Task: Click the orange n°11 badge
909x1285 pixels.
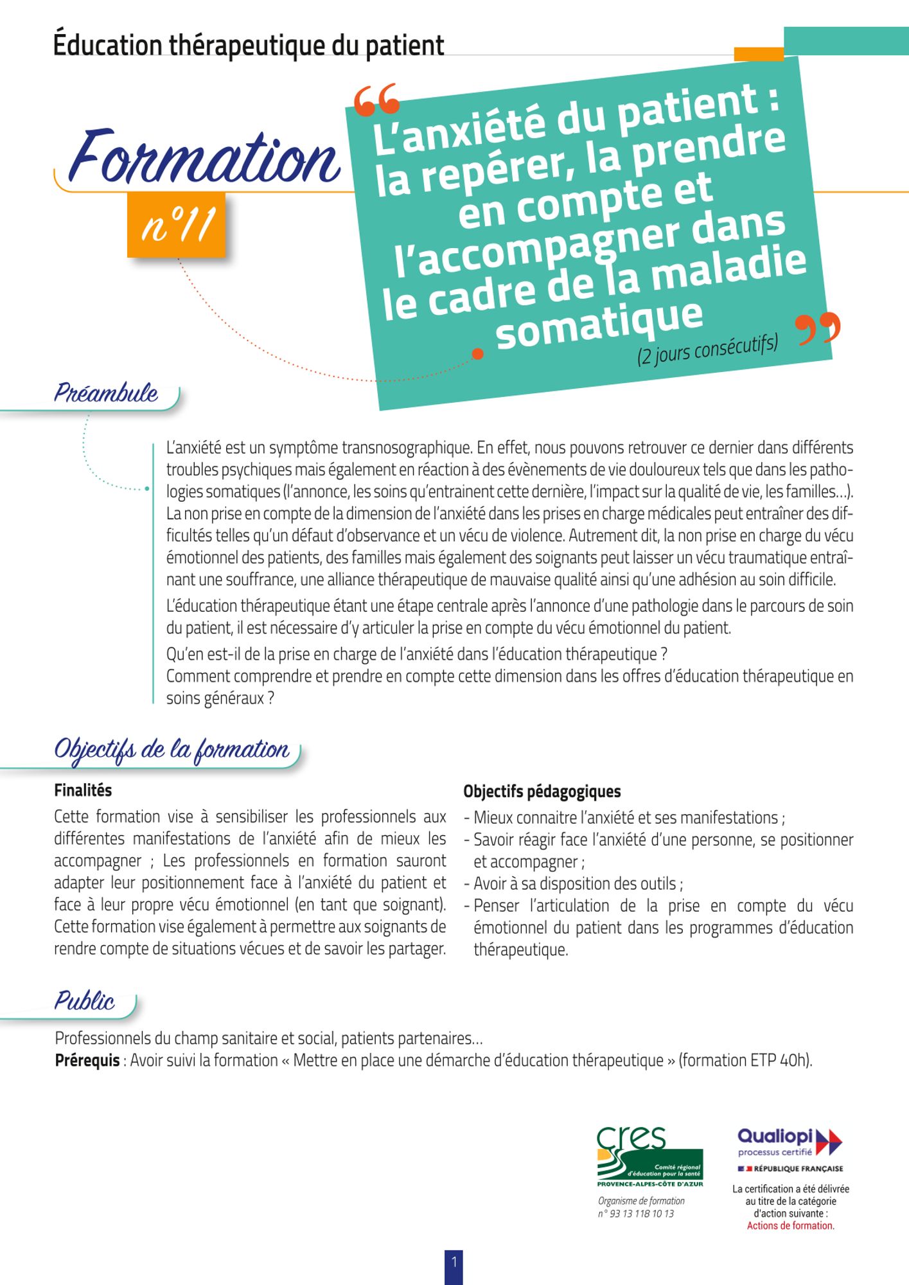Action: (177, 225)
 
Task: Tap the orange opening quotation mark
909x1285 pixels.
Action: (377, 100)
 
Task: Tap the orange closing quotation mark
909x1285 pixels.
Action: (817, 329)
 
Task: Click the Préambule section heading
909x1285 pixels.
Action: (106, 393)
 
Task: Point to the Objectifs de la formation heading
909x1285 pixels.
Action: (172, 750)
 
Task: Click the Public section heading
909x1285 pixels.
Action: (84, 1001)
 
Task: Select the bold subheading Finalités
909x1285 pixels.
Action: (83, 790)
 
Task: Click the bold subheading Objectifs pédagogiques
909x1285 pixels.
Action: (542, 792)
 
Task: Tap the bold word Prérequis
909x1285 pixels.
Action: (87, 1060)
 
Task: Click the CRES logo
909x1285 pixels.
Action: (649, 1158)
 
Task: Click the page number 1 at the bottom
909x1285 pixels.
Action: (454, 1263)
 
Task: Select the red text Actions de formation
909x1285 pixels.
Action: (790, 1226)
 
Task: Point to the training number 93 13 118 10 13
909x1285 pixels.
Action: (636, 1214)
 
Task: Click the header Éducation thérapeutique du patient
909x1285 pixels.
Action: (249, 46)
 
